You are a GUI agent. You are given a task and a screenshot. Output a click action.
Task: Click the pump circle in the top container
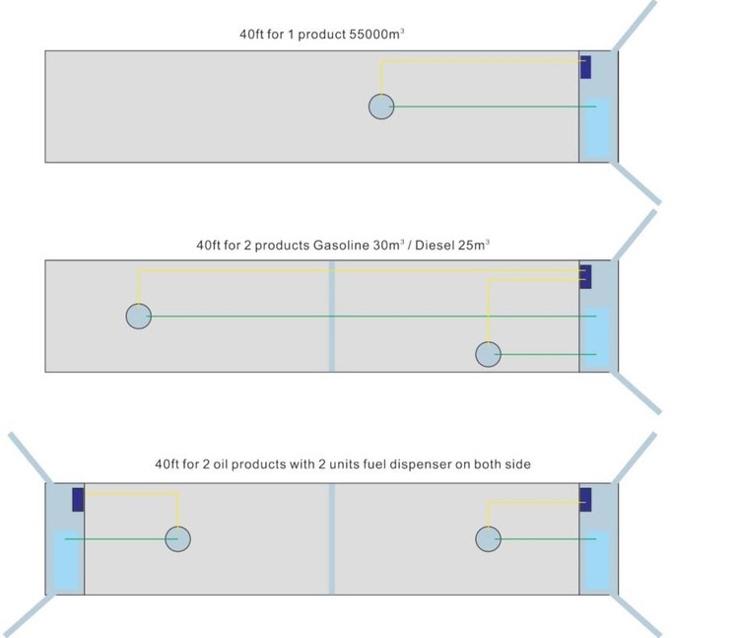tap(381, 106)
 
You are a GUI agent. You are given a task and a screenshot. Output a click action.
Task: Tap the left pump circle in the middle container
tap(139, 316)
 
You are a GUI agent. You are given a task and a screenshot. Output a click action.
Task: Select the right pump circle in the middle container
tap(488, 354)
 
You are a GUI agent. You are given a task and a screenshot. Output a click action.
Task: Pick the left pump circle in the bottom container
tap(177, 538)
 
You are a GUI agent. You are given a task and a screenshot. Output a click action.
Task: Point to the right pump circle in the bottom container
tap(488, 538)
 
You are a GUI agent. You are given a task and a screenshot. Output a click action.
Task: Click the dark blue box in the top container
tap(585, 67)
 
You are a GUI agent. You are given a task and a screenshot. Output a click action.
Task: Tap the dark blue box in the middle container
tap(585, 276)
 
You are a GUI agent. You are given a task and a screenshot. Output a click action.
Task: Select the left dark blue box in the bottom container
tap(78, 499)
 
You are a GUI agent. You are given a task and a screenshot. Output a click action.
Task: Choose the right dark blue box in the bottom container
tap(585, 499)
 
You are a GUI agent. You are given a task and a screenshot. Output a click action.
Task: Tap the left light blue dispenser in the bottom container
tap(66, 561)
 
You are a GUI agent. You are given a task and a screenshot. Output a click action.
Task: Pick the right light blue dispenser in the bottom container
tap(597, 561)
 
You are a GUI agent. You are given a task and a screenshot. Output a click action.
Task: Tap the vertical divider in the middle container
tap(331, 316)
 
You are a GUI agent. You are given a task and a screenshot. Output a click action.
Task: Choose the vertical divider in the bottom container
tap(331, 538)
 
